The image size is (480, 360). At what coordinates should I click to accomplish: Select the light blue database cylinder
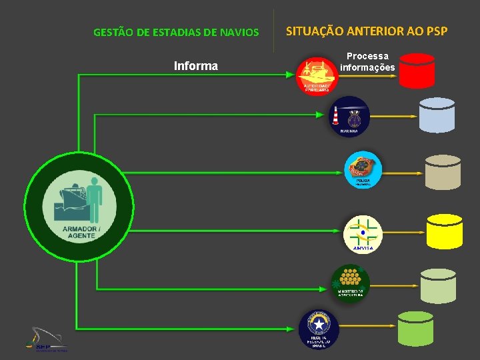coord(437,115)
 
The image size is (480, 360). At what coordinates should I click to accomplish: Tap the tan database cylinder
coord(443,172)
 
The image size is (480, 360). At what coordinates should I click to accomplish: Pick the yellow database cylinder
coord(445,230)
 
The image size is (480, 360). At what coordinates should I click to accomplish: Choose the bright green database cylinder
coord(415,328)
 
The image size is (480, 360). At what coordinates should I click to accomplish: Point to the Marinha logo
coord(349,115)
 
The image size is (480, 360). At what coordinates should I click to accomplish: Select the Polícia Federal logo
coord(363,170)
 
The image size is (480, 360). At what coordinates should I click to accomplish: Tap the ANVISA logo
coord(363,234)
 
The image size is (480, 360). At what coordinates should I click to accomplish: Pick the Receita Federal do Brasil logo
coord(319,329)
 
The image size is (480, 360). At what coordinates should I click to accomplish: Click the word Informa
coord(195,66)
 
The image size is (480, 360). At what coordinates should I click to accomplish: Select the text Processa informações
coord(367,62)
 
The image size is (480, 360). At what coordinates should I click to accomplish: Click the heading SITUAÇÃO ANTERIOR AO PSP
coord(367,31)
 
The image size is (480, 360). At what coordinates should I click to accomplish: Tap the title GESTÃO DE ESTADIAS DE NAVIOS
coord(176,32)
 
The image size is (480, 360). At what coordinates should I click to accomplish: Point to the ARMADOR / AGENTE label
coord(80,232)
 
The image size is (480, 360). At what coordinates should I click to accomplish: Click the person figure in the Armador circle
coord(95,197)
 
